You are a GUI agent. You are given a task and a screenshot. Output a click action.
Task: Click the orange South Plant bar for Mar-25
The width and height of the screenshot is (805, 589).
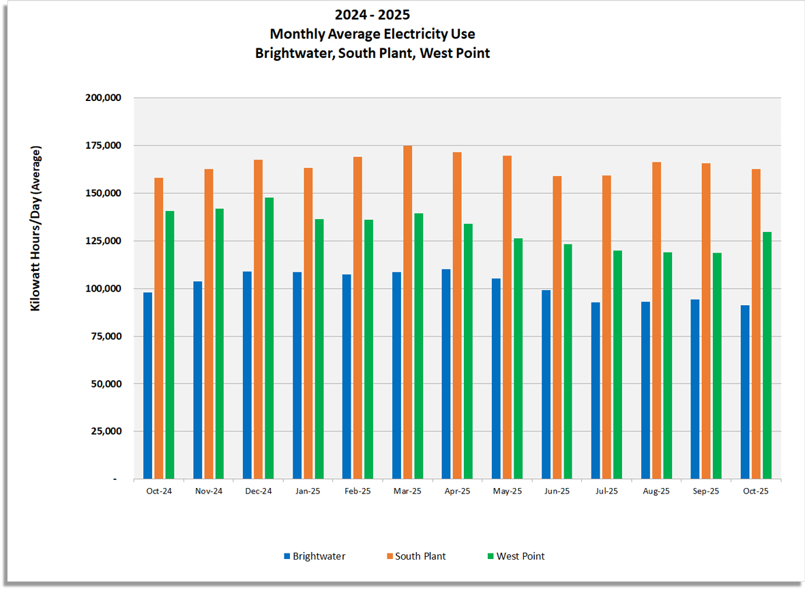407,312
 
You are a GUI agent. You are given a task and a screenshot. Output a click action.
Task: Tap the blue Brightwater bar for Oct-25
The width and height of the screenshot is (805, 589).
745,392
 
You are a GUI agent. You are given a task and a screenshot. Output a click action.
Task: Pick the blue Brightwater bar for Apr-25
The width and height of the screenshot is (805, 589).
446,374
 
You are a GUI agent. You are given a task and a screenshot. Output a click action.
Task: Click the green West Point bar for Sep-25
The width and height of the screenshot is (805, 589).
717,366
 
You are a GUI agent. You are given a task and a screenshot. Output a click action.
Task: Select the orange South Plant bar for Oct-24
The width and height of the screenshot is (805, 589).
158,328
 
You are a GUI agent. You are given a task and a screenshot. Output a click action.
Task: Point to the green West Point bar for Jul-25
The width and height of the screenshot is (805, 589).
617,364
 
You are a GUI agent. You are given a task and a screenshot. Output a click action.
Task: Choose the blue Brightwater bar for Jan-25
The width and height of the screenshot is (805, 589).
297,375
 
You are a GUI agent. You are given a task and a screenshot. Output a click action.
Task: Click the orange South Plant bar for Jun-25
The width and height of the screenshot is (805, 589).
557,328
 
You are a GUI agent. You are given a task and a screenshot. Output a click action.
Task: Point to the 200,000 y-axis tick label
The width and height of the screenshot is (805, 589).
102,98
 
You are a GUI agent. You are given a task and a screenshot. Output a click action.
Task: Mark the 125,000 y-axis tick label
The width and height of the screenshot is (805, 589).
102,241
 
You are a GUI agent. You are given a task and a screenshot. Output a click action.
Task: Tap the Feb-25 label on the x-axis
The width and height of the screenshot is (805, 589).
357,491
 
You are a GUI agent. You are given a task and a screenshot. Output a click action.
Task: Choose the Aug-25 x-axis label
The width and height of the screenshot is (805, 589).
656,491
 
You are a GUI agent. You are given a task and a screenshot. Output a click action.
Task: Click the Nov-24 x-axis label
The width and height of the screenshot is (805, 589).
208,491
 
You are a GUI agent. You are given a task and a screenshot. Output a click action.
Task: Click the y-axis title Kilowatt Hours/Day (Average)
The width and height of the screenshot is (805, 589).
35,228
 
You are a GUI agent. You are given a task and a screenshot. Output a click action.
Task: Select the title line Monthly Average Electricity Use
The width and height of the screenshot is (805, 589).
372,33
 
